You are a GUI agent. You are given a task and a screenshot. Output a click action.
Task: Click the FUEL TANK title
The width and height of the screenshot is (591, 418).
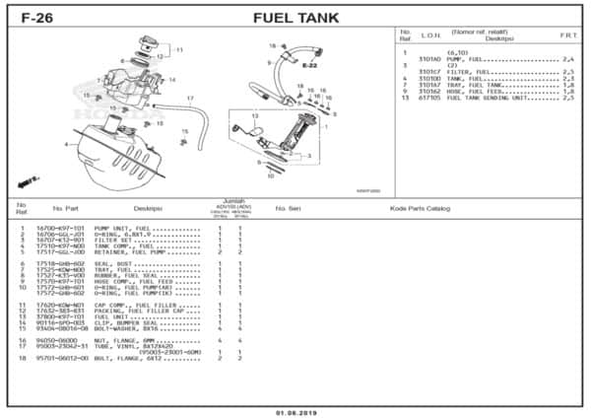click(x=296, y=17)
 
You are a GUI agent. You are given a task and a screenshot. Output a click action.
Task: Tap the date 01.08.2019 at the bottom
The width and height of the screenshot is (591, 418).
click(x=295, y=411)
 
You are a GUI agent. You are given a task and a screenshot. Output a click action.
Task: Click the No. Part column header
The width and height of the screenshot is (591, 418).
click(x=66, y=208)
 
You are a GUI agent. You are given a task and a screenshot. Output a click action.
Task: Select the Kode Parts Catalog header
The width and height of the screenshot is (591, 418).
click(x=420, y=208)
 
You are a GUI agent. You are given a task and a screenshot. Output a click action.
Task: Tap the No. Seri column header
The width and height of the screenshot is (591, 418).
click(x=288, y=208)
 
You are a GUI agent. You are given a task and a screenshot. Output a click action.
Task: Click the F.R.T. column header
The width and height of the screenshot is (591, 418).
click(x=568, y=35)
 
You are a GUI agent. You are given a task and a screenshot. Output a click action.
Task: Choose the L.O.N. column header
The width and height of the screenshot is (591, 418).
click(x=429, y=35)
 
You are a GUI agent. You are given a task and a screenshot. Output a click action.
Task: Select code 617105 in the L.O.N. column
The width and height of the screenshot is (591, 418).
click(x=429, y=99)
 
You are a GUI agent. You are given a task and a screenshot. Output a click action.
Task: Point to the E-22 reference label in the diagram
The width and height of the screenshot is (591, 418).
click(x=308, y=66)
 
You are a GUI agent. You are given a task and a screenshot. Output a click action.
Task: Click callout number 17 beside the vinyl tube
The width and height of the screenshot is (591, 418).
click(x=190, y=99)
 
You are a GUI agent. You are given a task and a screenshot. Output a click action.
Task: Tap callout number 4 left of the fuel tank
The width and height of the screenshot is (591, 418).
click(x=66, y=145)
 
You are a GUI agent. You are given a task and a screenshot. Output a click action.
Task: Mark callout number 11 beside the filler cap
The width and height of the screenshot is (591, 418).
click(x=178, y=49)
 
